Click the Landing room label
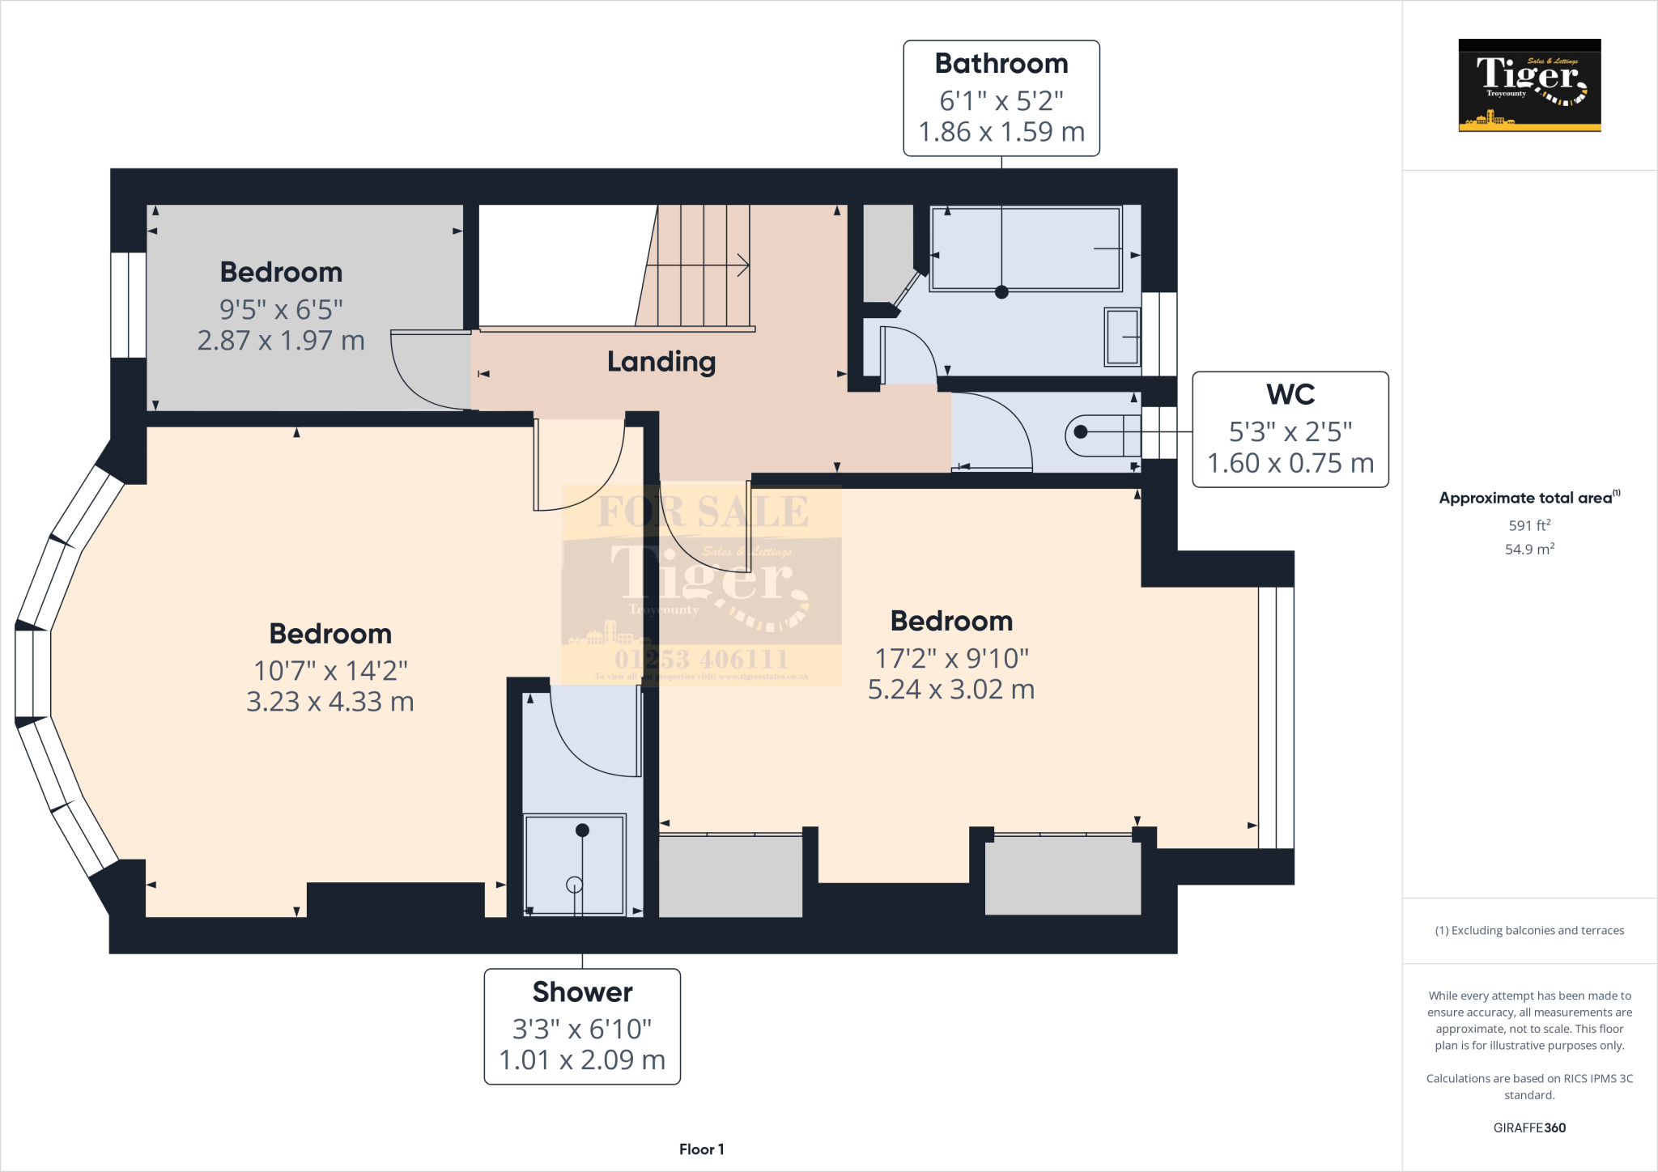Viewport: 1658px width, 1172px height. pyautogui.click(x=661, y=362)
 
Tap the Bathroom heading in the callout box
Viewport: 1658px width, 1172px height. pyautogui.click(x=1001, y=64)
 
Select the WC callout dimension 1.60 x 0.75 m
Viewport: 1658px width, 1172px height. pyautogui.click(x=1290, y=463)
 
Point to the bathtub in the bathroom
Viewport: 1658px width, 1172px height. pyautogui.click(x=1026, y=248)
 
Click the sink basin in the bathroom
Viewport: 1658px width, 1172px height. pyautogui.click(x=1122, y=337)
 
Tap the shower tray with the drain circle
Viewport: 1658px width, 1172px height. pyautogui.click(x=575, y=864)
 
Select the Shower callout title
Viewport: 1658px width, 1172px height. pyautogui.click(x=582, y=992)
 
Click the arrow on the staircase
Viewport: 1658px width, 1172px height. pyautogui.click(x=741, y=265)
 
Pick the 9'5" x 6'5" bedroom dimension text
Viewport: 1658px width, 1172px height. pyautogui.click(x=281, y=309)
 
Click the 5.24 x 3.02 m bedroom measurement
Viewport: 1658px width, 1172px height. pyautogui.click(x=950, y=690)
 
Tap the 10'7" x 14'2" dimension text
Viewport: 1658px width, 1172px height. pyautogui.click(x=330, y=671)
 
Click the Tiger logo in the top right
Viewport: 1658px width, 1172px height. pyautogui.click(x=1529, y=85)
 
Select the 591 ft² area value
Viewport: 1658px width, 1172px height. pyautogui.click(x=1528, y=525)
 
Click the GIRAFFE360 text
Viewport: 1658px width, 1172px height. pyautogui.click(x=1528, y=1127)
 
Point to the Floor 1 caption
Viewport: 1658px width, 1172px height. pyautogui.click(x=701, y=1149)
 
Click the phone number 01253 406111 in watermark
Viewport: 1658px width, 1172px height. pyautogui.click(x=701, y=659)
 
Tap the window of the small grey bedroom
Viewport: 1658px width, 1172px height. pyautogui.click(x=128, y=304)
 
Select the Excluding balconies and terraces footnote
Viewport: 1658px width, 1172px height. pyautogui.click(x=1528, y=931)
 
